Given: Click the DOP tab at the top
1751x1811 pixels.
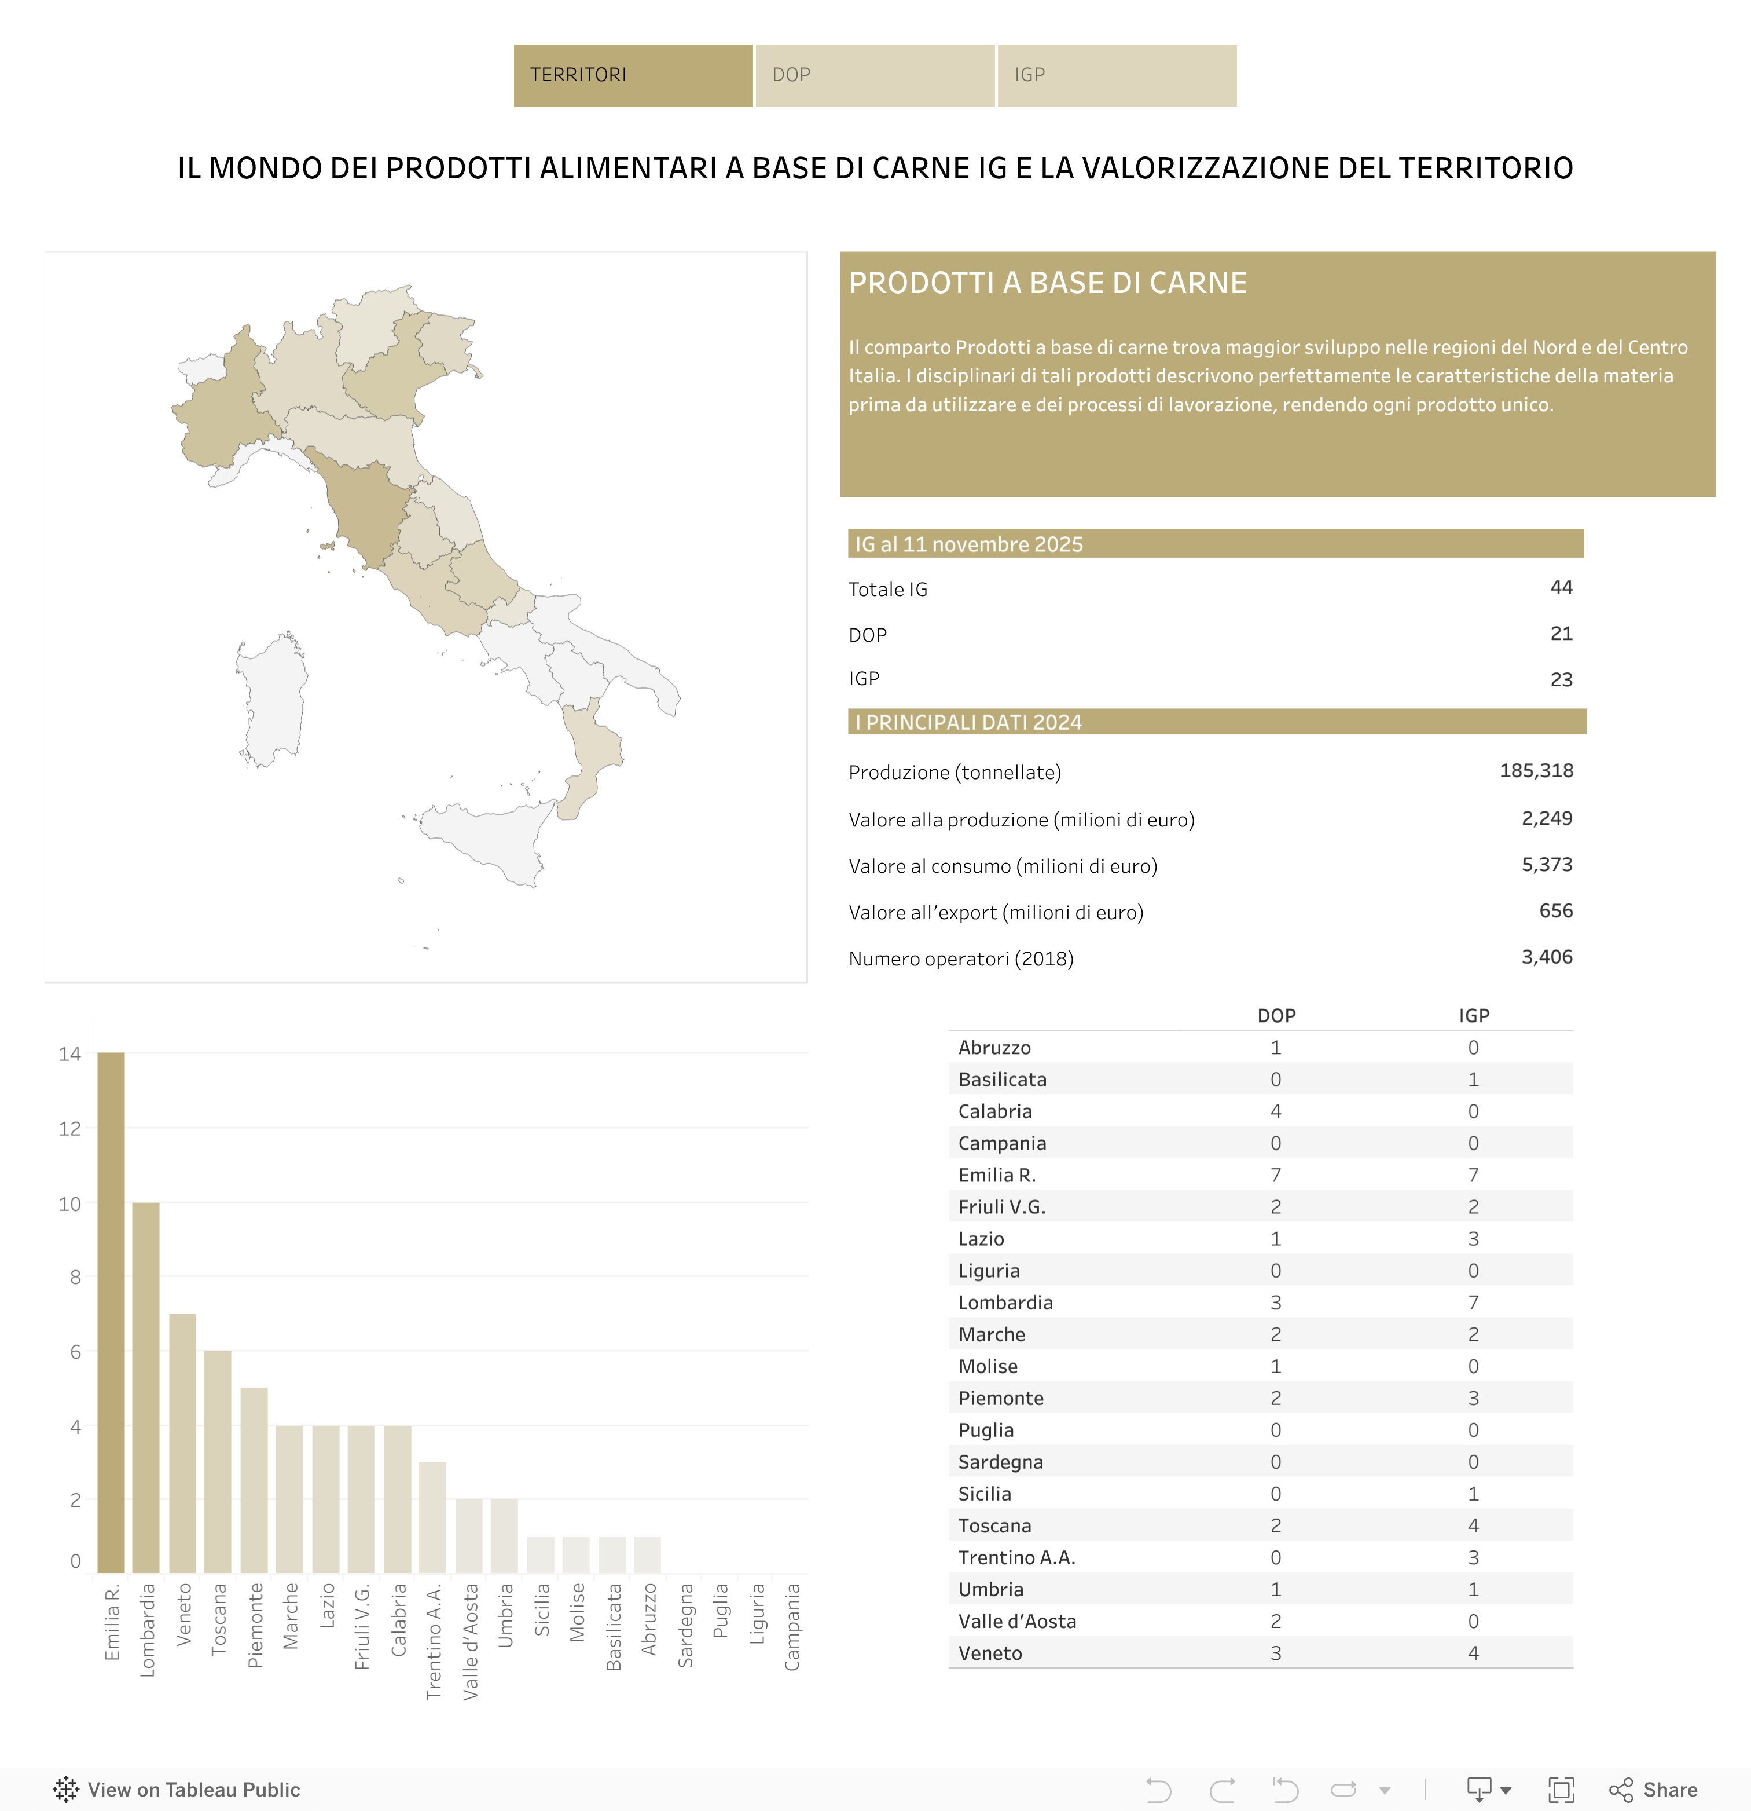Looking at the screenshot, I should [x=873, y=75].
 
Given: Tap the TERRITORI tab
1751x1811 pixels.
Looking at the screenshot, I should [x=633, y=75].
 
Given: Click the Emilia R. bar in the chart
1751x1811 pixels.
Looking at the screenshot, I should [x=111, y=1312].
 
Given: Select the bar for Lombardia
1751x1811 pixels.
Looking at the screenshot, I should [x=146, y=1386].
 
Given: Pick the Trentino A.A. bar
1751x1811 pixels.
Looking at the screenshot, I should [x=432, y=1517].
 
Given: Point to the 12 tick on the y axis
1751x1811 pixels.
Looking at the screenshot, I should [x=70, y=1128].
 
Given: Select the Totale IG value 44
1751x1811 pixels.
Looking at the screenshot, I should [x=1561, y=588].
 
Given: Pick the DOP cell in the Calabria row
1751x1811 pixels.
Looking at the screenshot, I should [x=1275, y=1111].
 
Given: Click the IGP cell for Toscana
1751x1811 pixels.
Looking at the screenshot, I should [x=1473, y=1525].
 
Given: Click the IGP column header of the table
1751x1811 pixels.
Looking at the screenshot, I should [x=1474, y=1015].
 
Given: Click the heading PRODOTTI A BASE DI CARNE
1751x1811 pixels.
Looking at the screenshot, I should [x=1047, y=283].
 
